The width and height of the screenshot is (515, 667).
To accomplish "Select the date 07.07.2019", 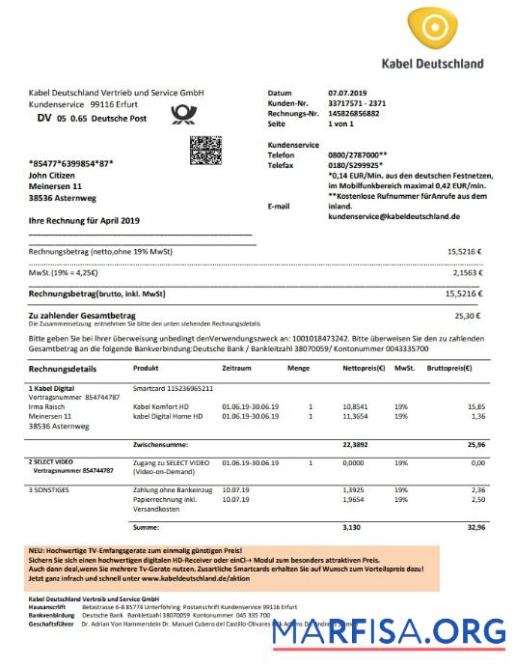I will click(342, 93).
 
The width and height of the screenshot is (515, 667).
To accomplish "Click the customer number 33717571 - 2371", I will click(357, 103).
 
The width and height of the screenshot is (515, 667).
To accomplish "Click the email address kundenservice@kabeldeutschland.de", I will click(393, 217).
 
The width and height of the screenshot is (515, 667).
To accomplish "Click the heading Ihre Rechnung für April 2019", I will click(85, 221).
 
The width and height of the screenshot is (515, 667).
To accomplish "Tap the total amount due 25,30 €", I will click(468, 315).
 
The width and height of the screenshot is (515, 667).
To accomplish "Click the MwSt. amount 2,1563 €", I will click(466, 274).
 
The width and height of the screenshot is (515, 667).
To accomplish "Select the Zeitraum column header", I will click(236, 368).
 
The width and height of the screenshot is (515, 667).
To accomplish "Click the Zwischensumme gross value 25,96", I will click(472, 444).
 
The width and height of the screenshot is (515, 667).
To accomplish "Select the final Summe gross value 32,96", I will click(472, 528).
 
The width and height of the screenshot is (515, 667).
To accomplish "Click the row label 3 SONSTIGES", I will click(54, 490).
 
